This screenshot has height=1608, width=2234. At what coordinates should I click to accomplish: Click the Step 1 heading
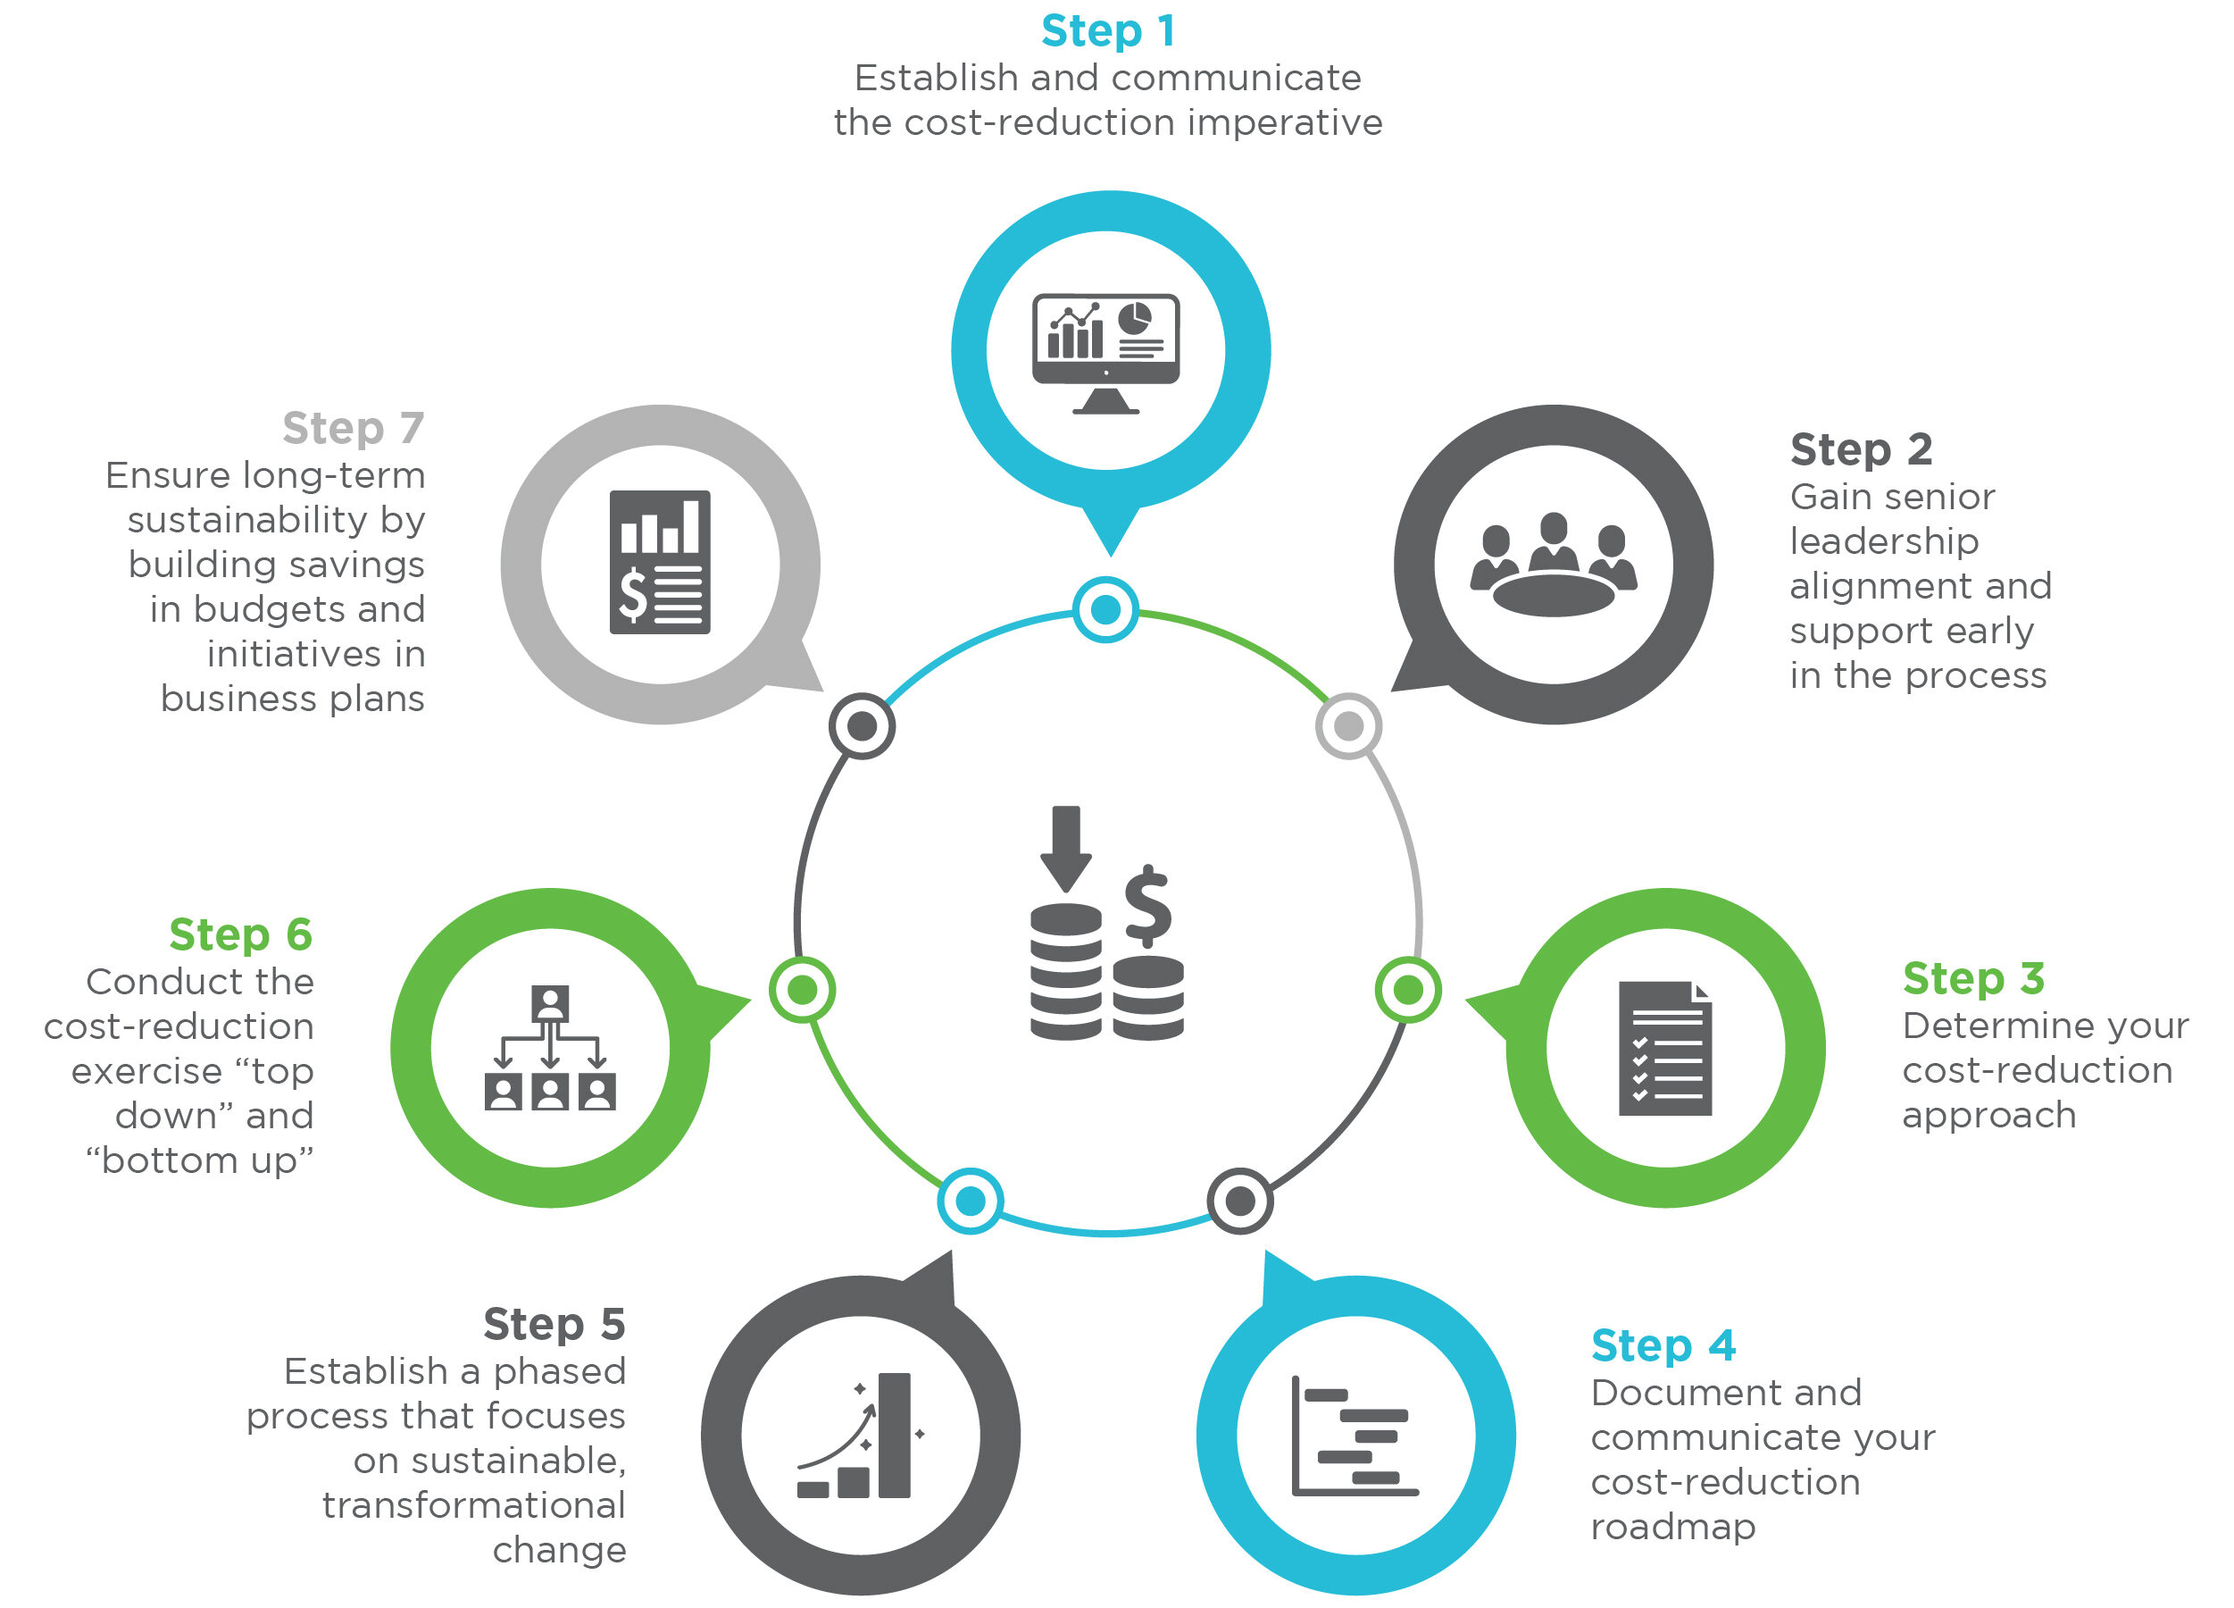pos(1107,31)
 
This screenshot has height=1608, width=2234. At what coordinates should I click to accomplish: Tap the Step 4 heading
pos(1663,1346)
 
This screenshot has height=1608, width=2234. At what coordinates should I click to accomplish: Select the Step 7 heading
pos(353,429)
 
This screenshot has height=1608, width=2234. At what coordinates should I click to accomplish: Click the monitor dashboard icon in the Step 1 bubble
pos(1105,353)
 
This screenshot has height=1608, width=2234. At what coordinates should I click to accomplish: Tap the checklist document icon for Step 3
pos(1664,1049)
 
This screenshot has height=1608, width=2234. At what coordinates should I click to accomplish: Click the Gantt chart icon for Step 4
pos(1355,1436)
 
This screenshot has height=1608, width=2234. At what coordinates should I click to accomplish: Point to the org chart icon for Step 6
pos(550,1049)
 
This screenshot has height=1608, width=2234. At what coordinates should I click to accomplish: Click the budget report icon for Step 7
pos(659,563)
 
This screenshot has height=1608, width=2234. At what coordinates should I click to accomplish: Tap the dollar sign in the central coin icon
pos(1147,907)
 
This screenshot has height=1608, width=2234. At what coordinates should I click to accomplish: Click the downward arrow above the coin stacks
pos(1066,848)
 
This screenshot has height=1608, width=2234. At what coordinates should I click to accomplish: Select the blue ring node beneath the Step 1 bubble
pos(1105,610)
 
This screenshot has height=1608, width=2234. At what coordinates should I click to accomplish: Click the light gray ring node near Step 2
pos(1348,726)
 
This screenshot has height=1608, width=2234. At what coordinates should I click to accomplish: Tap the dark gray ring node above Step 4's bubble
pos(1239,1201)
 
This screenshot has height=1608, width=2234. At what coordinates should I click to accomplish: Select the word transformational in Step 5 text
pos(474,1505)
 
